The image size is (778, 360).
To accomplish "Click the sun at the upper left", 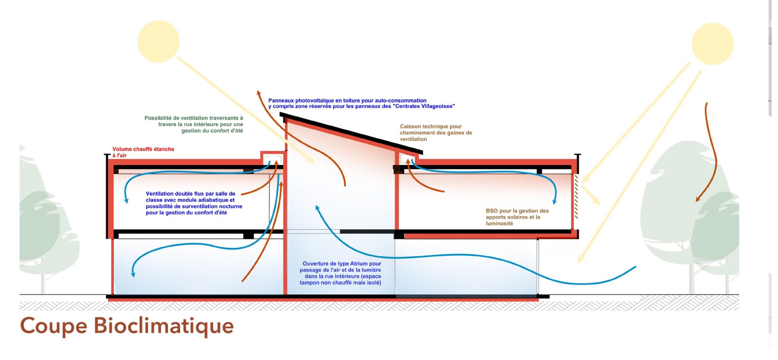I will (x=158, y=41).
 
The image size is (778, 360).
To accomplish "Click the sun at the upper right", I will (x=712, y=44).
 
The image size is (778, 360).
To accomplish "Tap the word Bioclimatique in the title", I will (x=164, y=326).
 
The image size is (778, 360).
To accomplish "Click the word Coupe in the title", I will (x=53, y=326).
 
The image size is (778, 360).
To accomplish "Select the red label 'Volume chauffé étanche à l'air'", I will (x=143, y=152).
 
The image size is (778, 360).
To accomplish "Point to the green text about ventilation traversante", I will (x=194, y=124).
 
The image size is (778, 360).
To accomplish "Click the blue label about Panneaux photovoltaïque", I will (x=361, y=103).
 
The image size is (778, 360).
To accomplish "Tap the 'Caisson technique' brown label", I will (x=436, y=133).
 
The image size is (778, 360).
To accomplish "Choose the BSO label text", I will (x=517, y=217).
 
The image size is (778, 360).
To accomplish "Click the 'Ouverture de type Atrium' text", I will (x=340, y=273).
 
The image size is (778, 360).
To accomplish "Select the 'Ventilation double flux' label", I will (x=194, y=203).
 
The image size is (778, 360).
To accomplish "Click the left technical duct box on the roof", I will (x=272, y=158).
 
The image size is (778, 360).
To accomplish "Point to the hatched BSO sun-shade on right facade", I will (x=576, y=197).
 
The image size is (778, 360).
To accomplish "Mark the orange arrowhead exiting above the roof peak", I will (x=258, y=93).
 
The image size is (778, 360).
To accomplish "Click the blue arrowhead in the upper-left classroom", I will (x=126, y=200).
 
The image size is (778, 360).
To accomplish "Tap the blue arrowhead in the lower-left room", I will (x=133, y=274).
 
